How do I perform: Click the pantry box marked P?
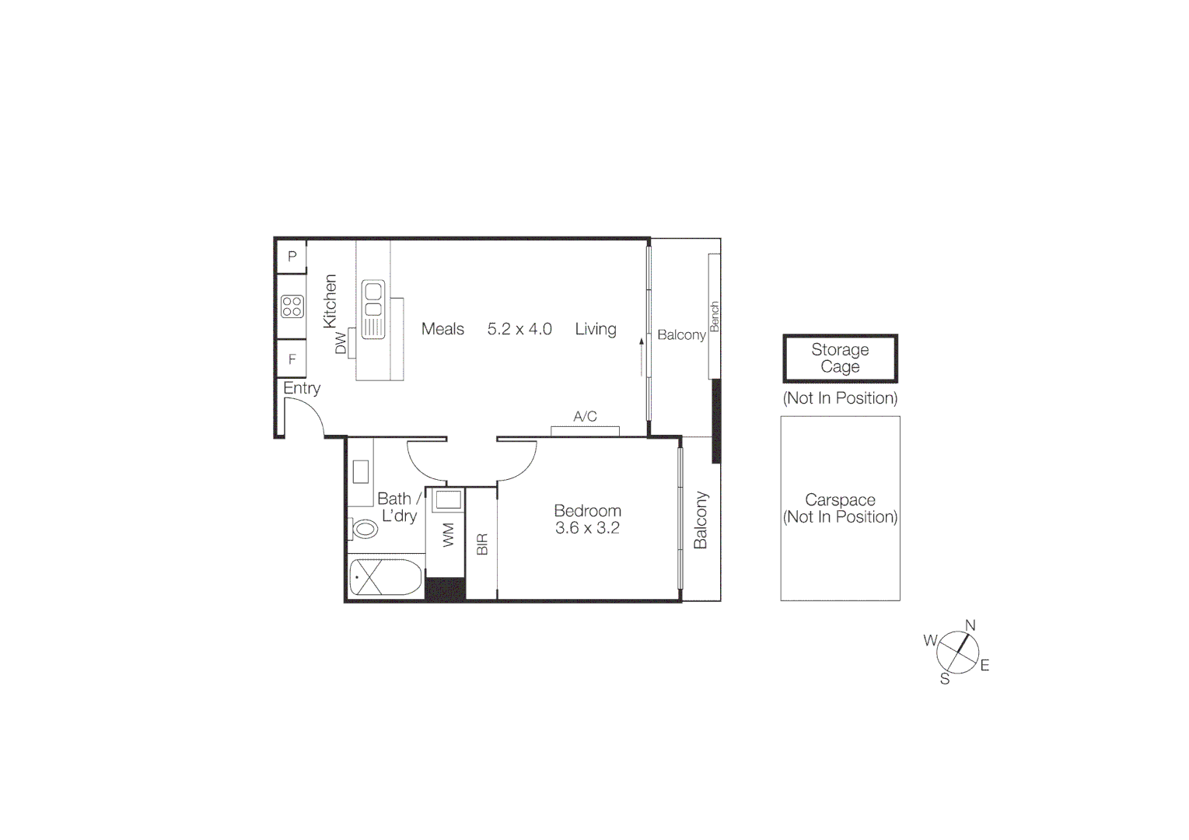click(x=292, y=256)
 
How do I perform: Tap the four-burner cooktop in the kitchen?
click(x=292, y=306)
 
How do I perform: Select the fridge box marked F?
click(x=292, y=359)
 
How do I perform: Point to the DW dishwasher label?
click(x=341, y=343)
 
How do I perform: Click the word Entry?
click(x=302, y=388)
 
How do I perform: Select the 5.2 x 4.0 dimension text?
click(x=519, y=329)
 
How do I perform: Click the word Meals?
click(x=442, y=329)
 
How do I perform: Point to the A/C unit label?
click(x=585, y=417)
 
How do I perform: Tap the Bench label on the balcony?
click(x=715, y=317)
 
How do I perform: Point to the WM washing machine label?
click(x=449, y=535)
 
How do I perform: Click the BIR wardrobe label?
click(x=482, y=544)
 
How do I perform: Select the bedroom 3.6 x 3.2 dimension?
click(x=587, y=528)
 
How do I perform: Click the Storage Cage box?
click(x=840, y=359)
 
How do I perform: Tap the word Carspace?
click(x=840, y=500)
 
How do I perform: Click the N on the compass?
click(x=970, y=625)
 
